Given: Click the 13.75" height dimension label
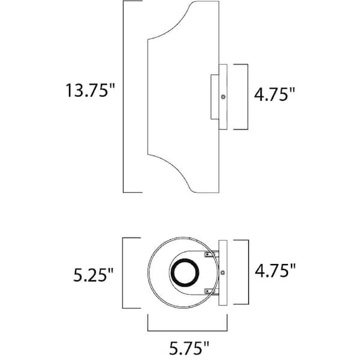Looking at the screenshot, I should pyautogui.click(x=90, y=92).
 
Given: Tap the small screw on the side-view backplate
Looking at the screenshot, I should pyautogui.click(x=223, y=97).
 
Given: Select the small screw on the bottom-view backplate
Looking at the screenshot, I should pyautogui.click(x=223, y=273).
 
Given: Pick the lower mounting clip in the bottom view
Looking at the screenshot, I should pyautogui.click(x=208, y=292).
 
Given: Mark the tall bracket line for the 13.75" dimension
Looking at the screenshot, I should pyautogui.click(x=124, y=96).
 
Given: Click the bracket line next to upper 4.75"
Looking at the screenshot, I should pyautogui.click(x=247, y=96).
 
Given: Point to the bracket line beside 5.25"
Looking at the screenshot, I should pyautogui.click(x=124, y=273).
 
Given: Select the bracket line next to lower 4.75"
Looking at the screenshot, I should pyautogui.click(x=247, y=273).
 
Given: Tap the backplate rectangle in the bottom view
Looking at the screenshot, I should pyautogui.click(x=223, y=273).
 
